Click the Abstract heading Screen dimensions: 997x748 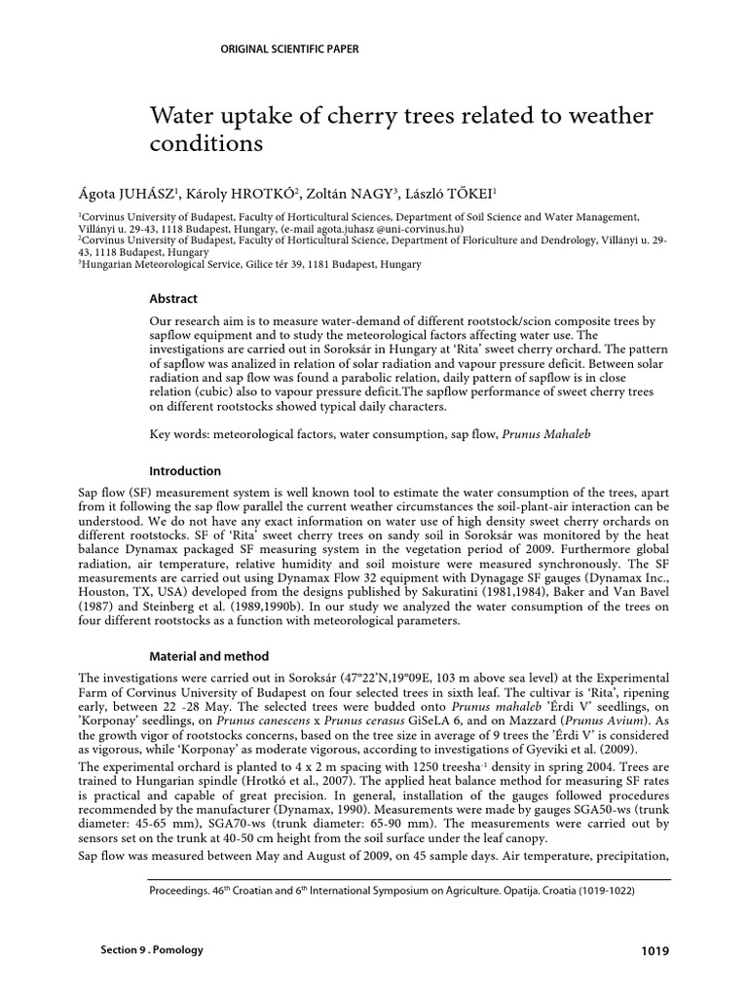click(x=172, y=299)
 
